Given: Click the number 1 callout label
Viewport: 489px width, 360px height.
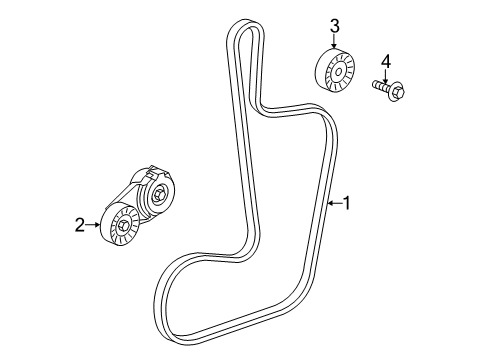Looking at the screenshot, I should point(347,204).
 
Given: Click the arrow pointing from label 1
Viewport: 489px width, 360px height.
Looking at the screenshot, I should point(334,204).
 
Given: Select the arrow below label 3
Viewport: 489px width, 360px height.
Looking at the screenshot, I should point(336,43).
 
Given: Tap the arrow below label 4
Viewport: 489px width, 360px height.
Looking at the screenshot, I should point(384,75).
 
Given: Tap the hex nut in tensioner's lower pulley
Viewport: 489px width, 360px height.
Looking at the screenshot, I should point(124,227).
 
